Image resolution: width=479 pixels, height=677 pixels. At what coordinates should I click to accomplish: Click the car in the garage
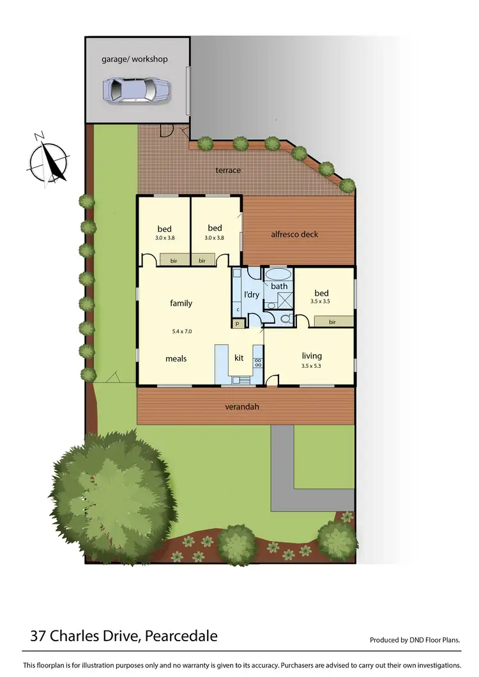pyautogui.click(x=137, y=89)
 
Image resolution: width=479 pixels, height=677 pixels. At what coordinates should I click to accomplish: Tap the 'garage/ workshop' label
pyautogui.click(x=135, y=59)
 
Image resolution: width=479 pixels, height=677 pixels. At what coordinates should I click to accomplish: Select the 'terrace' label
pyautogui.click(x=228, y=170)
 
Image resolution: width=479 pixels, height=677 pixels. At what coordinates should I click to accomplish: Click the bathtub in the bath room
pyautogui.click(x=278, y=275)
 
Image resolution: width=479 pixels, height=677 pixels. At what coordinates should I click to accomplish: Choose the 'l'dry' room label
pyautogui.click(x=252, y=294)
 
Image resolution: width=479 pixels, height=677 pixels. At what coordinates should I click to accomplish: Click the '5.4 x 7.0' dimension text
pyautogui.click(x=182, y=331)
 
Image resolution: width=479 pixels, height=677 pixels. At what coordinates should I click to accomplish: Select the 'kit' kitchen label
pyautogui.click(x=240, y=358)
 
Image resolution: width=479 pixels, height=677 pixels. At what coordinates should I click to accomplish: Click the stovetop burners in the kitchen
pyautogui.click(x=258, y=362)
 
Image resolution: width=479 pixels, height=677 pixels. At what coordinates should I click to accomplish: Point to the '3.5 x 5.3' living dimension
pyautogui.click(x=312, y=366)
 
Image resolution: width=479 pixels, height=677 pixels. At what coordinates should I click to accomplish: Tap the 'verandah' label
pyautogui.click(x=241, y=406)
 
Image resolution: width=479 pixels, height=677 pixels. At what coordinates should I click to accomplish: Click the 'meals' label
pyautogui.click(x=176, y=358)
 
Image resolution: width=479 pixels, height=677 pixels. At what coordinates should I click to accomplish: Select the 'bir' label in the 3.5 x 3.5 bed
pyautogui.click(x=332, y=322)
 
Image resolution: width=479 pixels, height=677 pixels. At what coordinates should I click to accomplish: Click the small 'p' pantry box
pyautogui.click(x=237, y=324)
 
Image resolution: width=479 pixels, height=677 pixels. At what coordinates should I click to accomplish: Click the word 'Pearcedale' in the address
pyautogui.click(x=181, y=636)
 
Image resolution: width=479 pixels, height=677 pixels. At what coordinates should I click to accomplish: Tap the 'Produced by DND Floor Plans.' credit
pyautogui.click(x=415, y=640)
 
